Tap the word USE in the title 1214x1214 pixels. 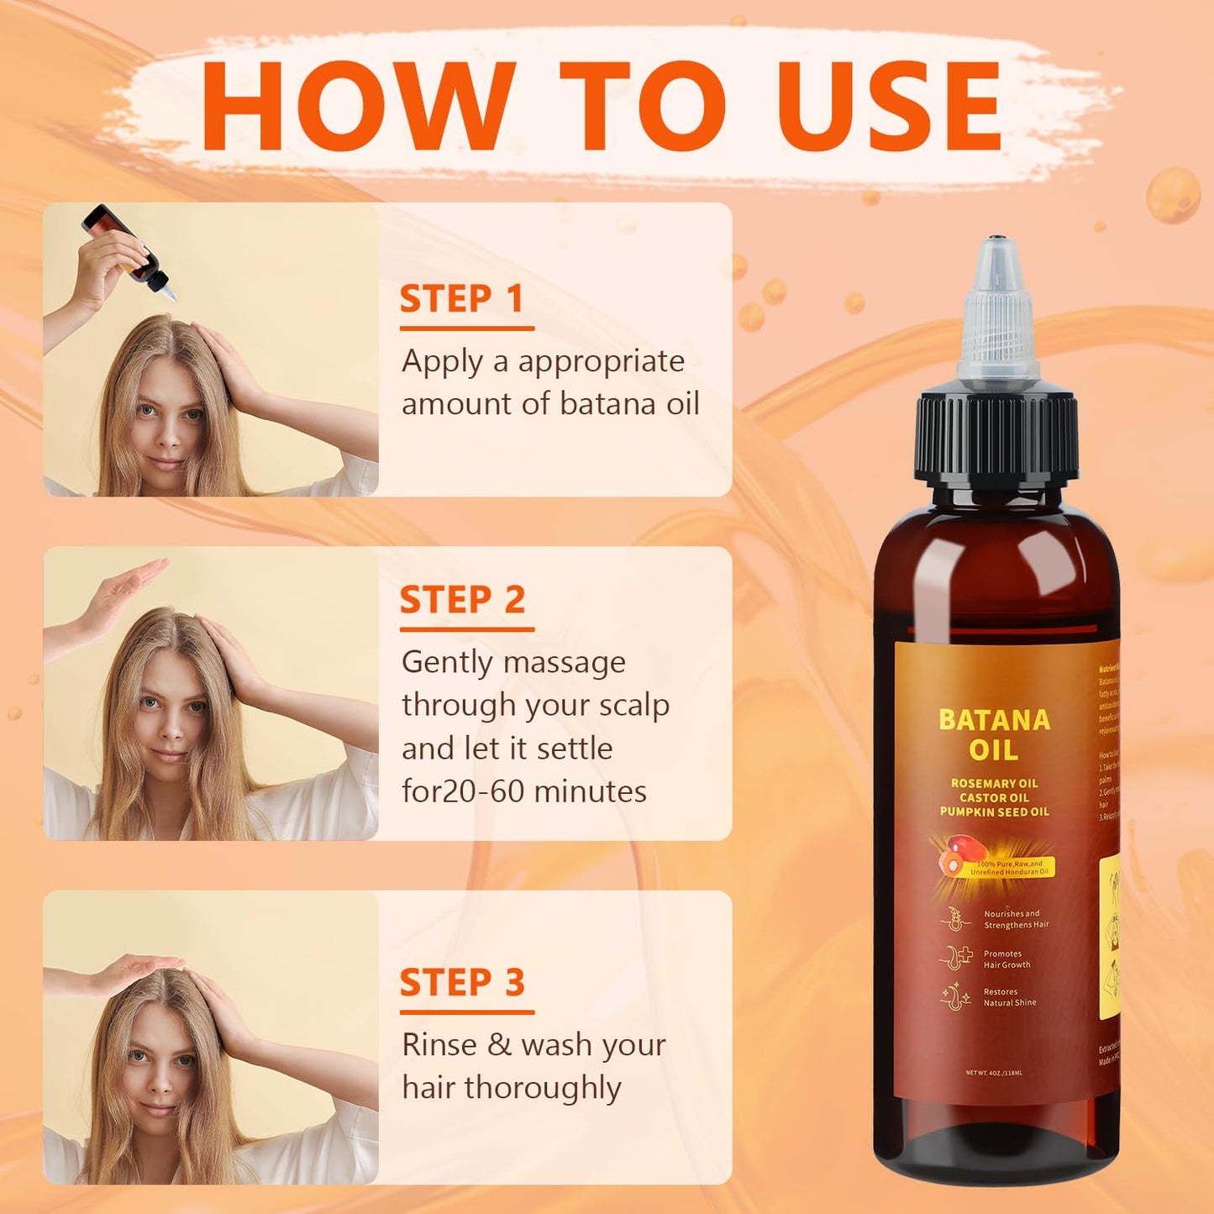891,108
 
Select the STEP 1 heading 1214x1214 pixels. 461,299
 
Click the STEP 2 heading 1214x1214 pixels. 462,600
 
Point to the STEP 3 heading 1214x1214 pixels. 462,983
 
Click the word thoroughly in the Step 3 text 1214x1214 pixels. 543,1088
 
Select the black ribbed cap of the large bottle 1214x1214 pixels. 996,437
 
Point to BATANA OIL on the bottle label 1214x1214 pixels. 995,734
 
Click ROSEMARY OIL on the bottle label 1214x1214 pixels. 995,783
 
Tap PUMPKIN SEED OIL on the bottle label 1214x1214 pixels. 995,812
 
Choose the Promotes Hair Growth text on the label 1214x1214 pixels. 1006,959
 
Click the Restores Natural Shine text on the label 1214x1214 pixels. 1010,997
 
